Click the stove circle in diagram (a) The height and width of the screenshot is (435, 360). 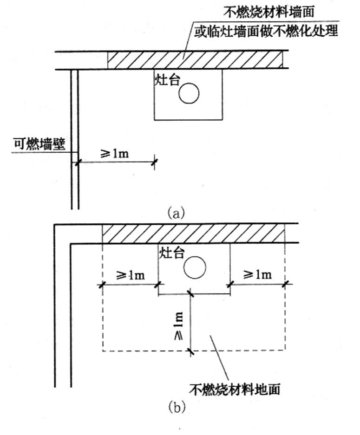point(189,94)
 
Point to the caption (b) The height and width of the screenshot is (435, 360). point(176,407)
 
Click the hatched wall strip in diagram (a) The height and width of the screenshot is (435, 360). point(195,60)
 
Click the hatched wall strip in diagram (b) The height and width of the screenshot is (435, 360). point(193,233)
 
